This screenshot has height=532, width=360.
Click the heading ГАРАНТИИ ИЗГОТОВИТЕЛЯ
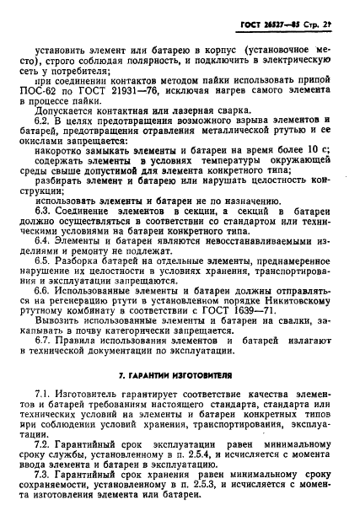[180, 443]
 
